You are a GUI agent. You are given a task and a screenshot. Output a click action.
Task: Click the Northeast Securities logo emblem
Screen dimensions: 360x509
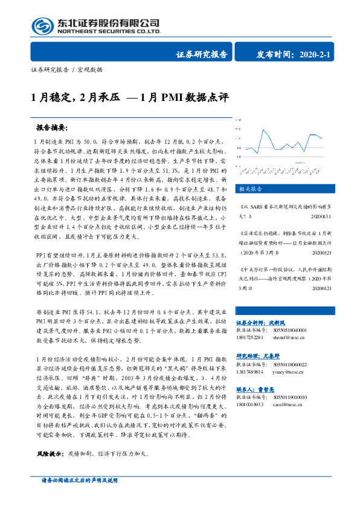[x=42, y=26]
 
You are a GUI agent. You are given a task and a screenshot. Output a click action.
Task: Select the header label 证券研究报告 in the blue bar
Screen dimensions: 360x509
[x=201, y=54]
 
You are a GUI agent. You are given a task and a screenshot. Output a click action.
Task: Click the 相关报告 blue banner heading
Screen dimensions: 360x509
[x=249, y=189]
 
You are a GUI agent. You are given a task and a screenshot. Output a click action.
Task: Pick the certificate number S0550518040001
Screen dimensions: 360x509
[x=288, y=330]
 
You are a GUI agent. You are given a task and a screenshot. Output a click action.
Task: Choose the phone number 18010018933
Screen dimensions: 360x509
[x=250, y=405]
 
